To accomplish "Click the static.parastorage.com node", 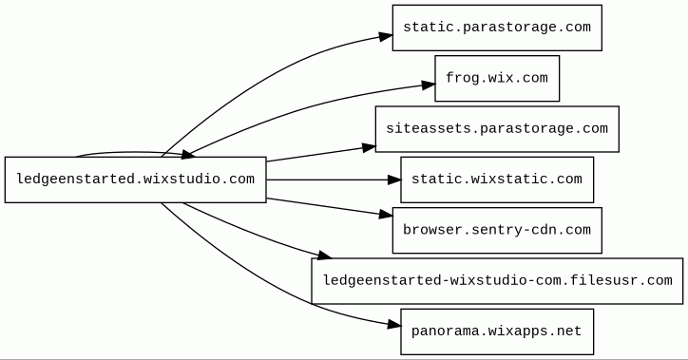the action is pos(497,28).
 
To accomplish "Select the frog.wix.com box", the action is pos(497,79).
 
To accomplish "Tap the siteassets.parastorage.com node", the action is pos(497,129).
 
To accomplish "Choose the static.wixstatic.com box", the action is pos(497,180).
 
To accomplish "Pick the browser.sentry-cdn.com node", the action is pos(497,230).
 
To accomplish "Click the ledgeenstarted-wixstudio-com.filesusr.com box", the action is pos(497,281).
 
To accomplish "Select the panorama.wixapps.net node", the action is pos(497,332).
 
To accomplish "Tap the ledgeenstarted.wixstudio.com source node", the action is pos(136,180).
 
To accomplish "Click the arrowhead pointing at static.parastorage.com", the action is pos(386,36).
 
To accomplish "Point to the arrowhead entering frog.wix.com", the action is pos(429,85).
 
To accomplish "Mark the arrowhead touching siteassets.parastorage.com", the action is pos(369,148).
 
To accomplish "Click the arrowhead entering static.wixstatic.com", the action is pos(394,180).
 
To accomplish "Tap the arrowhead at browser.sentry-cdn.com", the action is pos(386,214).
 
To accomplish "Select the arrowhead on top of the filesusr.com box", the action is pos(324,256).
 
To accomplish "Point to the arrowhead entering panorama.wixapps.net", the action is pos(394,325).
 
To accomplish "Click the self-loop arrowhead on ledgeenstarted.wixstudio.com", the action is pos(188,154).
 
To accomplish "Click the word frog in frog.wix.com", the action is pos(462,79).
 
